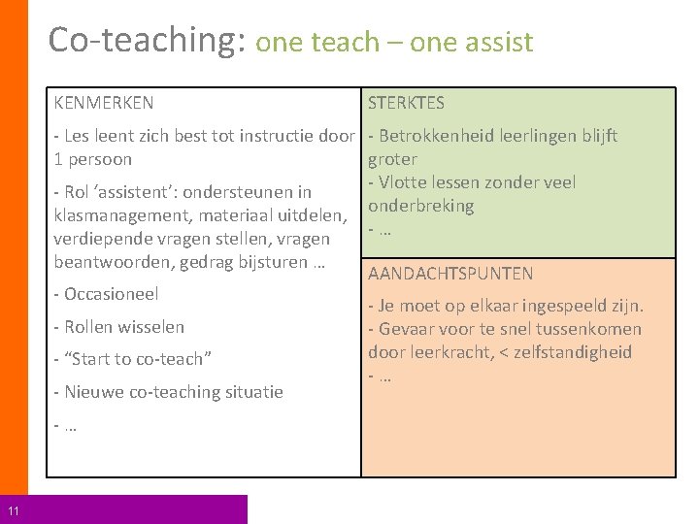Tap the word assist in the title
501,43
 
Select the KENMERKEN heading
104,102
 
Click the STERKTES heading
406,102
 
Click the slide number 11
14,511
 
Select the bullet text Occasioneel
111,294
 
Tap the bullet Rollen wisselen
123,327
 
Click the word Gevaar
407,329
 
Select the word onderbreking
420,206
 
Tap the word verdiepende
103,239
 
